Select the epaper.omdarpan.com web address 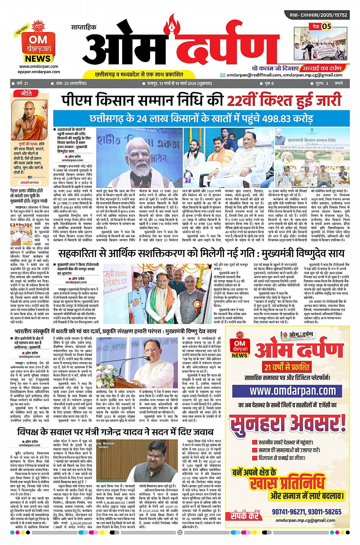38,72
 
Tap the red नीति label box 26,93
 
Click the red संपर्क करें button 245,516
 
